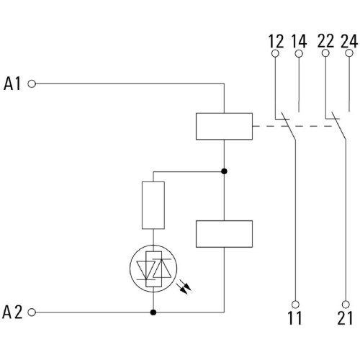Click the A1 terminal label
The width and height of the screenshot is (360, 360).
pyautogui.click(x=12, y=84)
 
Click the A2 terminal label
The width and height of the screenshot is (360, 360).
pyautogui.click(x=12, y=312)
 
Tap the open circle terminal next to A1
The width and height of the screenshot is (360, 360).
pyautogui.click(x=32, y=84)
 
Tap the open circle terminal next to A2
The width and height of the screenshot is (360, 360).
pyautogui.click(x=32, y=312)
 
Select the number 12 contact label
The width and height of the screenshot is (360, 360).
pyautogui.click(x=276, y=41)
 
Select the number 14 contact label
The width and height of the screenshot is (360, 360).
pyautogui.click(x=299, y=41)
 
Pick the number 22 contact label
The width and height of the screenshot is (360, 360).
pyautogui.click(x=325, y=41)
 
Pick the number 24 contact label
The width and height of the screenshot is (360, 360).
pyautogui.click(x=349, y=41)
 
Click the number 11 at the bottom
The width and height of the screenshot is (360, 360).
pyautogui.click(x=294, y=318)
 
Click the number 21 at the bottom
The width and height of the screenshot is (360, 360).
pyautogui.click(x=345, y=318)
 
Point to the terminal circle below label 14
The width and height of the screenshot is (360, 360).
pyautogui.click(x=299, y=54)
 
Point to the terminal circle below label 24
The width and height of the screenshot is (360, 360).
pyautogui.click(x=349, y=53)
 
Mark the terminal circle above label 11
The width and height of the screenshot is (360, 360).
pyautogui.click(x=295, y=305)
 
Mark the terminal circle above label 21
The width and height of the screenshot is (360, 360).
pyautogui.click(x=346, y=305)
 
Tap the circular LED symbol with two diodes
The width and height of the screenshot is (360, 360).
pyautogui.click(x=130, y=269)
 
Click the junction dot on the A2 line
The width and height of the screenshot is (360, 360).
pyautogui.click(x=153, y=312)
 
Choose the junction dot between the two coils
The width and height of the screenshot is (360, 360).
pyautogui.click(x=224, y=171)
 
